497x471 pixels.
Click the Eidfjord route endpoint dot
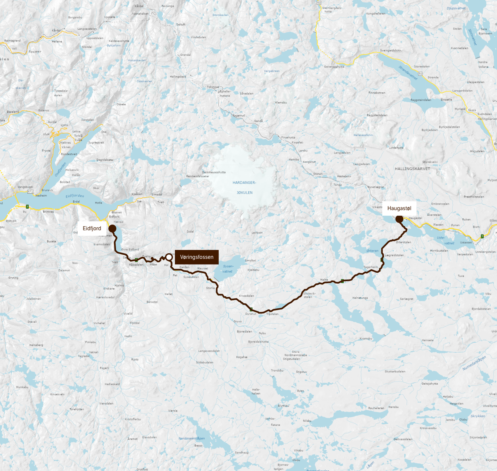(112, 229)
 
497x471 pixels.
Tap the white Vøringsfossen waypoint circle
(169, 257)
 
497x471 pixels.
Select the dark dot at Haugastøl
(399, 219)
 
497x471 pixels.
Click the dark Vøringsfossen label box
(197, 257)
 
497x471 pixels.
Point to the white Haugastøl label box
(399, 208)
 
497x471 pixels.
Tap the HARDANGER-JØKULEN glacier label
(244, 188)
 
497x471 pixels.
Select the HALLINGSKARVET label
(412, 169)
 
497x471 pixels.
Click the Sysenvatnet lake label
(228, 269)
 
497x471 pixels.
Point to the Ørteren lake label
(372, 251)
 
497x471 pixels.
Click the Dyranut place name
(251, 314)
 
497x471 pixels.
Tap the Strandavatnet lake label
(408, 73)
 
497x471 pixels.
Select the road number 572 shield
(30, 191)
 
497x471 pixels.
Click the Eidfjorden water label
(75, 196)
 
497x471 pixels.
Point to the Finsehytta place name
(288, 137)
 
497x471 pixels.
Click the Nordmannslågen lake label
(192, 438)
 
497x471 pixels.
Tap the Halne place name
(324, 280)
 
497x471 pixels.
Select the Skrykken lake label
(478, 416)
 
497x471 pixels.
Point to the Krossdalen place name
(246, 296)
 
